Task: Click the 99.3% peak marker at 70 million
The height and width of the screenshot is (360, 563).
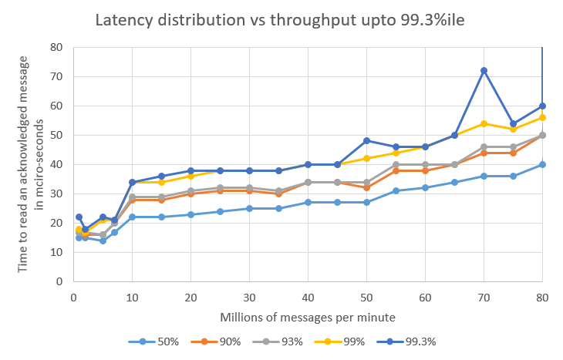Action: coord(484,70)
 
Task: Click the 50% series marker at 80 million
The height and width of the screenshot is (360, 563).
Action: coord(542,164)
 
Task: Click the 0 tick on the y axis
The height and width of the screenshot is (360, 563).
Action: coord(59,281)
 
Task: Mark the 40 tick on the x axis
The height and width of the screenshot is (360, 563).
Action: coord(308,297)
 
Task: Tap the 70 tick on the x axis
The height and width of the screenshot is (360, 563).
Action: coord(484,297)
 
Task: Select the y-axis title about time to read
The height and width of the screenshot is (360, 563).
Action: coord(30,163)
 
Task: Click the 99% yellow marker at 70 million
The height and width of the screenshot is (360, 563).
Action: coord(484,123)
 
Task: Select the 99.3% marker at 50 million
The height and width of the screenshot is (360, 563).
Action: coord(366,141)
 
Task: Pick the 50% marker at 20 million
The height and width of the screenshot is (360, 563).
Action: coord(190,214)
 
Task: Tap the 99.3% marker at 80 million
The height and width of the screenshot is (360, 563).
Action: coord(542,106)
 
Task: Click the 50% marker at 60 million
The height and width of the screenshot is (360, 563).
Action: coord(425,187)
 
